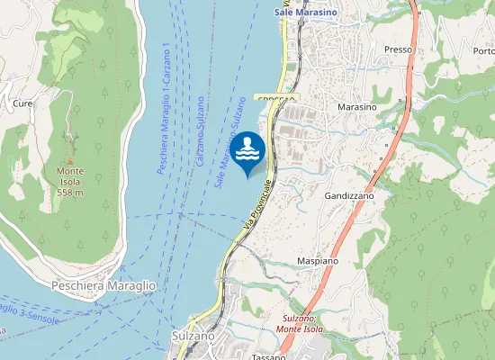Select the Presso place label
pos(397,49)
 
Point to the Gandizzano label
pos(348,194)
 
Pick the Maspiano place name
pos(317,261)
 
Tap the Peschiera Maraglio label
pos(104,285)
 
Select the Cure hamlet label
pos(22,103)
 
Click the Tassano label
pos(268,356)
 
